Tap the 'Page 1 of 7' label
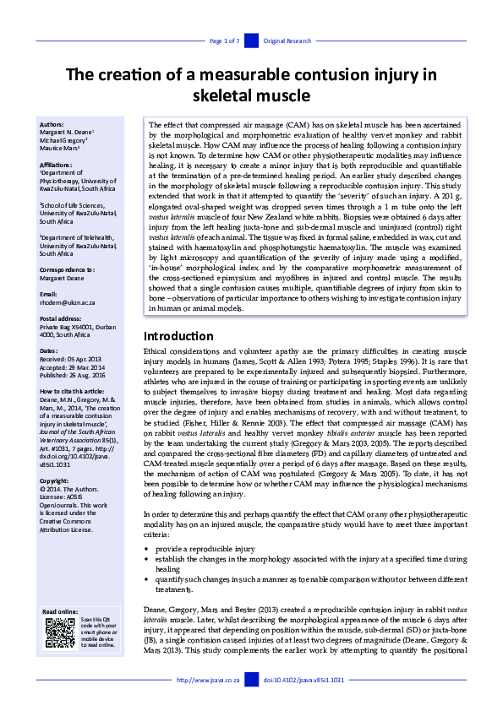coord(226,41)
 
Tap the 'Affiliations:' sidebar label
coord(58,166)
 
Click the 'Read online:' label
coord(60,611)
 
